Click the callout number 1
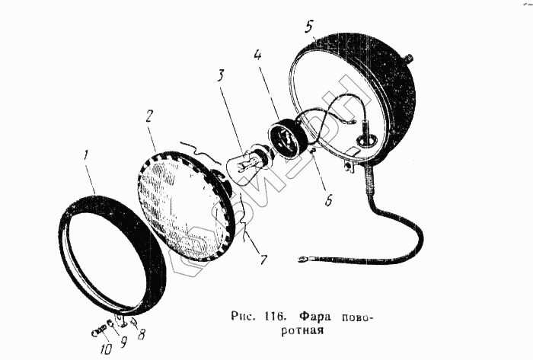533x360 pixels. click(x=87, y=157)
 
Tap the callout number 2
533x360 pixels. click(x=150, y=117)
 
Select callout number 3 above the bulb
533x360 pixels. click(x=220, y=75)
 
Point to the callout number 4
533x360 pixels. click(x=258, y=55)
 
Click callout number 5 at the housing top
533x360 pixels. click(x=308, y=27)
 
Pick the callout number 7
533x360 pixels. click(x=263, y=260)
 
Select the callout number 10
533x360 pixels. click(x=104, y=349)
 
